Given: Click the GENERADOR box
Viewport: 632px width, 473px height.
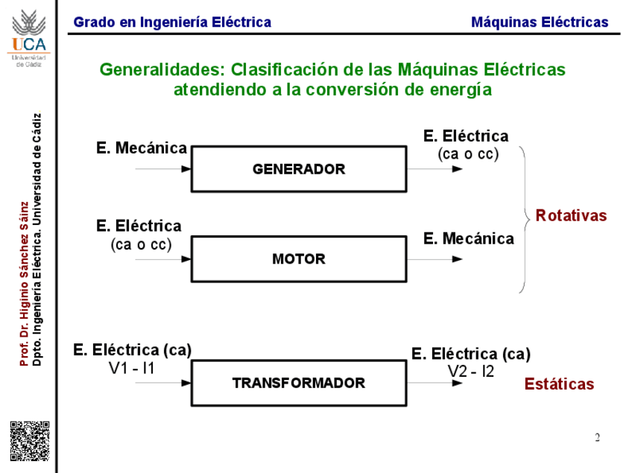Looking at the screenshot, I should tap(299, 169).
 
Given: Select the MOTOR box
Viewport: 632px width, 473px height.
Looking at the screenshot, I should tap(299, 259).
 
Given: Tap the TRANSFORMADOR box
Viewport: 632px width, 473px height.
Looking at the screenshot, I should tap(299, 383).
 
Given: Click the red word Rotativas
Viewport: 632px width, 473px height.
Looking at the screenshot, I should tap(571, 216).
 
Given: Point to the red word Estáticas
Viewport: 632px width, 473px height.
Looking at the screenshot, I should tap(559, 384).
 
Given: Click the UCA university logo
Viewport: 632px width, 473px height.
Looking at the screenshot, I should tap(28, 36).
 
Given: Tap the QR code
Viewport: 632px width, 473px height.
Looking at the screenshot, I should tap(29, 440).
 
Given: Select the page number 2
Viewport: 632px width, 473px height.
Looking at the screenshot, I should tap(597, 437).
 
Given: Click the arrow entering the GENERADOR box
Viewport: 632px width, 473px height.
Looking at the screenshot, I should tap(164, 169).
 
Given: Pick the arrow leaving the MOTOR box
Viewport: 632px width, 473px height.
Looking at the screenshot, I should tap(436, 259).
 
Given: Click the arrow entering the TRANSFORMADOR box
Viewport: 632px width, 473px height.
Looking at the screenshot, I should tap(164, 383).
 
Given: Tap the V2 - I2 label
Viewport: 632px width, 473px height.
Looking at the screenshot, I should tap(470, 371).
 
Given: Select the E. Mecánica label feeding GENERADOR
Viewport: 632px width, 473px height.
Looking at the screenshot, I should tap(142, 148).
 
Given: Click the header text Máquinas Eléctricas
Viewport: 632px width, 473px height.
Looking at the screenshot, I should tap(540, 22).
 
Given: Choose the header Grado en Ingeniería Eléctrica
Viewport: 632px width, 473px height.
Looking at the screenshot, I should tap(172, 22).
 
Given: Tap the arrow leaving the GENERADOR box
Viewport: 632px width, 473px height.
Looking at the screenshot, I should tap(436, 169).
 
